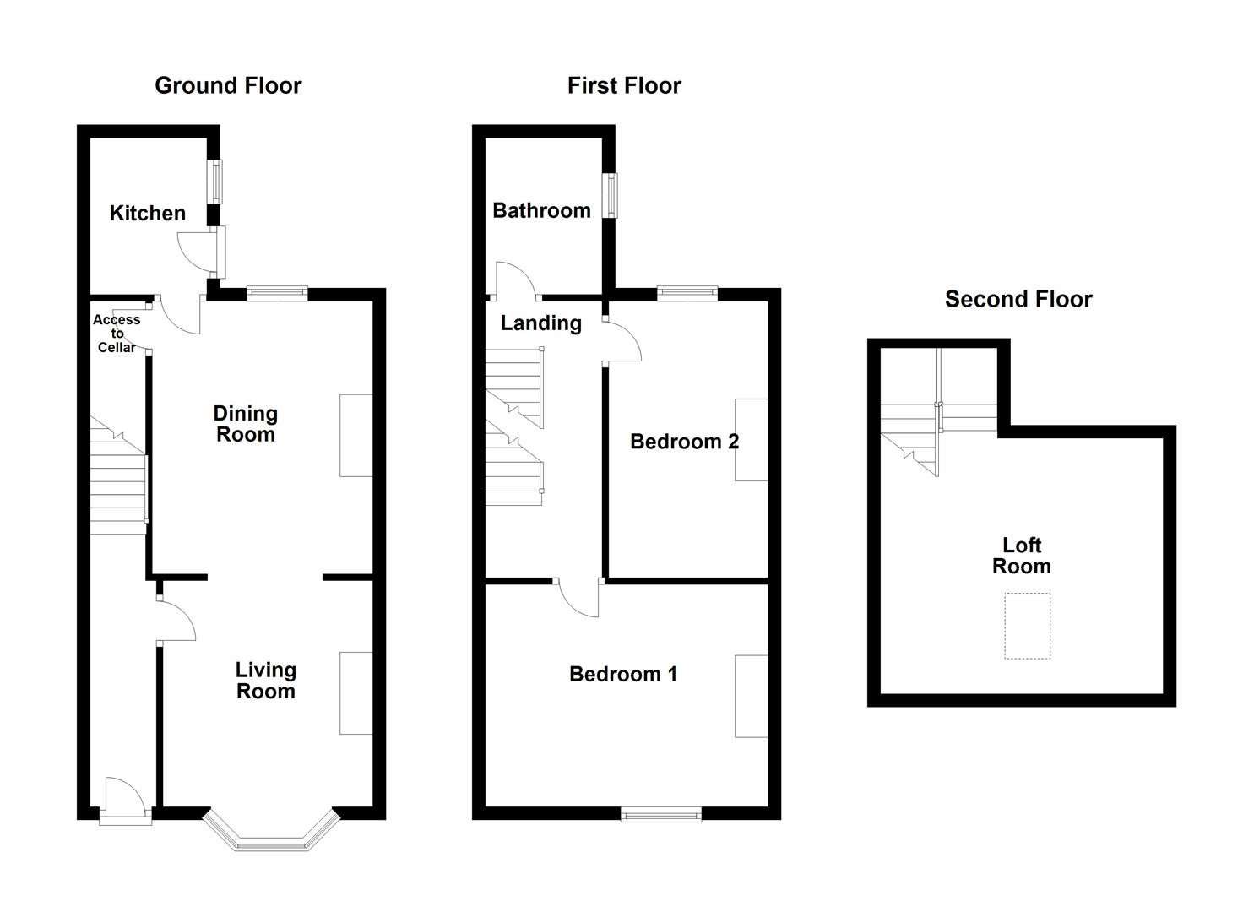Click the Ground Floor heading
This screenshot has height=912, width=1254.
(x=228, y=85)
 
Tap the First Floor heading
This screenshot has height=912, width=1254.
(x=624, y=85)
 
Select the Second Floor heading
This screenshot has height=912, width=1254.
(x=1018, y=299)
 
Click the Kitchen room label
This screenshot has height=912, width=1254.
(x=148, y=213)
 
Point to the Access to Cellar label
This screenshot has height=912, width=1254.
(x=117, y=333)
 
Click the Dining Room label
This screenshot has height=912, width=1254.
(x=245, y=424)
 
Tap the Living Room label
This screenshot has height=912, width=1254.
(x=265, y=681)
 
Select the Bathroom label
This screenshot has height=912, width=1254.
(x=541, y=210)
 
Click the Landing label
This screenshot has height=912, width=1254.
(x=540, y=323)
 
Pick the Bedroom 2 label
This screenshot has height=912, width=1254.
(x=684, y=441)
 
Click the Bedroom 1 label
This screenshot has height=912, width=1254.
(x=623, y=674)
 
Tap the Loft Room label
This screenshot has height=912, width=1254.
(x=1021, y=556)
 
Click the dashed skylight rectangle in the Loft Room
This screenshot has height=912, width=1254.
(x=1027, y=626)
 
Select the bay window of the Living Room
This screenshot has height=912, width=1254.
(x=271, y=835)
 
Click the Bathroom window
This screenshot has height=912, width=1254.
(x=609, y=195)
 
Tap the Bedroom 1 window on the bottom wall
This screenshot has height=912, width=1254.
(x=661, y=814)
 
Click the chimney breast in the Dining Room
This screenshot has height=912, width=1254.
(x=356, y=435)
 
